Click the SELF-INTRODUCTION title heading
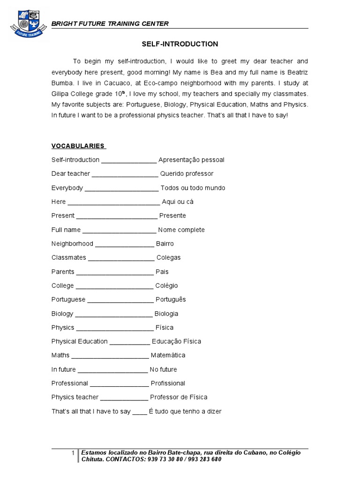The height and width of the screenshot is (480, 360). (x=180, y=44)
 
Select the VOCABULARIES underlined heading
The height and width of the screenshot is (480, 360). (x=78, y=146)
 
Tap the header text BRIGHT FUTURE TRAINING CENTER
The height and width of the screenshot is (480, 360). (x=110, y=24)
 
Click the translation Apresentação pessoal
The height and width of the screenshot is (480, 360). (x=191, y=160)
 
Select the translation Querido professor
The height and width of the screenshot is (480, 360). (x=187, y=174)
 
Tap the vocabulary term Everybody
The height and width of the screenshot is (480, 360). (x=67, y=188)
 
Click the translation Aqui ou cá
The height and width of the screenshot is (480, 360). (x=178, y=202)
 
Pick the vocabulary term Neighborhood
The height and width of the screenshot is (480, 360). (x=72, y=244)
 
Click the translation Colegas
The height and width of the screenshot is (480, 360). (x=168, y=258)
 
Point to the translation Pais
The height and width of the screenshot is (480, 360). (x=162, y=272)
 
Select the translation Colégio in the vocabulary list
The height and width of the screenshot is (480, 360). (x=166, y=286)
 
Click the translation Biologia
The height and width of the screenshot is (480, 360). (x=166, y=314)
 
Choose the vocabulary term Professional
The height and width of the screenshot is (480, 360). (x=69, y=383)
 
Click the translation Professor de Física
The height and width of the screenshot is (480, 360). (x=179, y=397)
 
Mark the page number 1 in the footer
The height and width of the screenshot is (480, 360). (x=73, y=453)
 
